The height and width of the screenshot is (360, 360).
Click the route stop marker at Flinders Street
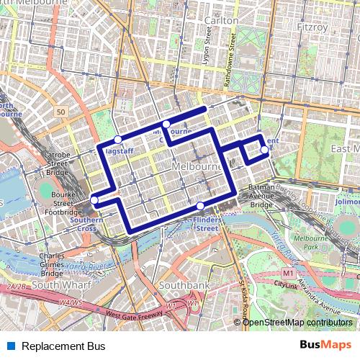tap(199, 207)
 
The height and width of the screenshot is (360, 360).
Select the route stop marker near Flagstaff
tap(117, 140)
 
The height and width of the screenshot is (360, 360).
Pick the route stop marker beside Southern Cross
tap(94, 200)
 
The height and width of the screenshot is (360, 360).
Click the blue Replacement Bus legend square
tap(12, 346)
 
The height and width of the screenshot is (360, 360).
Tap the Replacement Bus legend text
tap(63, 346)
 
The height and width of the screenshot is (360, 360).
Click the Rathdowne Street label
tap(231, 66)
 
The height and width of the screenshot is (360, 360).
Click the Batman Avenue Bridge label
tap(261, 196)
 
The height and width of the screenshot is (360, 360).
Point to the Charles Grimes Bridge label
tap(52, 264)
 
